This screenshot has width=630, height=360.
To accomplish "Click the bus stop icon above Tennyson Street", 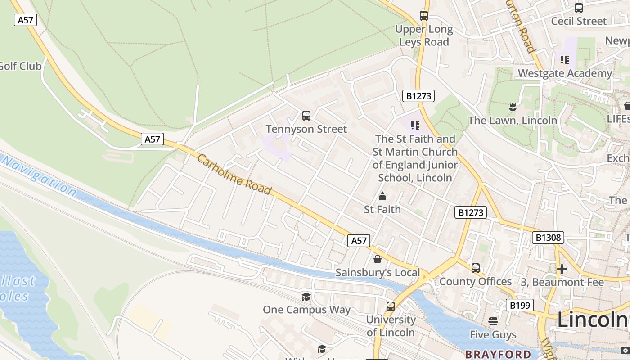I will tap(306, 116).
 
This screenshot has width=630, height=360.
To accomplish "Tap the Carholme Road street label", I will tap(234, 175).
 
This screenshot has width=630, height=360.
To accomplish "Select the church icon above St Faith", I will tap(382, 196).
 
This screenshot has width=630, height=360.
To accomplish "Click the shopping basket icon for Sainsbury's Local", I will tap(378, 259).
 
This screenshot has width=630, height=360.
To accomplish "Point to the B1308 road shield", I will tap(548, 238).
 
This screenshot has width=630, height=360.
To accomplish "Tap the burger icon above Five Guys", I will tap(494, 321).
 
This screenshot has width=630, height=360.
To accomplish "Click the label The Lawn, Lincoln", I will tap(512, 121).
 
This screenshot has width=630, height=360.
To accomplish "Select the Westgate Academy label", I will tap(565, 73).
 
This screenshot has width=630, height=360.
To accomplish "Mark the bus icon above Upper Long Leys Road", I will tap(424, 16).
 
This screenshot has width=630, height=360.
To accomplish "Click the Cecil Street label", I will tap(579, 21).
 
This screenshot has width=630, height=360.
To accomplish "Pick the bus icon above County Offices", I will tap(476, 268).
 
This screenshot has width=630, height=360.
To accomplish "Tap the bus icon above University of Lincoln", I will tap(391, 306).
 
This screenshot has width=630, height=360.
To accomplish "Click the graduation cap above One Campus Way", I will tap(306, 297).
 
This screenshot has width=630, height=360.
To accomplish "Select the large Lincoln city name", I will tap(593, 320).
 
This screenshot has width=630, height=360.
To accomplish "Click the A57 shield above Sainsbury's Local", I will tap(359, 241).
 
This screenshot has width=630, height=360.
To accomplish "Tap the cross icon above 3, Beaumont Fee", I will tap(562, 269).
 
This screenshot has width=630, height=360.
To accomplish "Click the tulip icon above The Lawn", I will tap(512, 107).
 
